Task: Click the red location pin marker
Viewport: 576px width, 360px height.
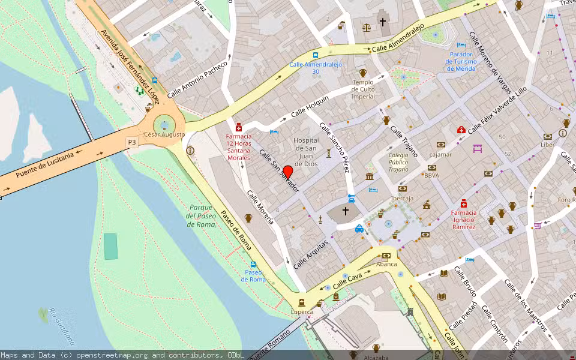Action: pyautogui.click(x=287, y=173)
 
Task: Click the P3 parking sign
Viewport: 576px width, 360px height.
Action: pyautogui.click(x=131, y=142)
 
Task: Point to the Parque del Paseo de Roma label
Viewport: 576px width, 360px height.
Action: pyautogui.click(x=201, y=215)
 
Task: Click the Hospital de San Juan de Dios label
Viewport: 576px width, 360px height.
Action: pyautogui.click(x=306, y=152)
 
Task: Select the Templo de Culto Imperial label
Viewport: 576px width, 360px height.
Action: pyautogui.click(x=363, y=89)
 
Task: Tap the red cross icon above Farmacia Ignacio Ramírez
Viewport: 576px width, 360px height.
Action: pyautogui.click(x=463, y=203)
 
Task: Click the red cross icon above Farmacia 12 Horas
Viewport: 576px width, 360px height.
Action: pyautogui.click(x=239, y=127)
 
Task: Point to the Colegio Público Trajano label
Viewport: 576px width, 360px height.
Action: pyautogui.click(x=398, y=162)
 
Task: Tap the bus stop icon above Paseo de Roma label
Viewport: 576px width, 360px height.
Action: pyautogui.click(x=253, y=265)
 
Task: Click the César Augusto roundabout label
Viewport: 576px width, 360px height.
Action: pyautogui.click(x=164, y=134)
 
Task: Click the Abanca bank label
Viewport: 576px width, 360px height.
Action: pyautogui.click(x=386, y=264)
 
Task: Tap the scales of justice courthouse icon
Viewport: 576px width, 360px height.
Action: pyautogui.click(x=367, y=27)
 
